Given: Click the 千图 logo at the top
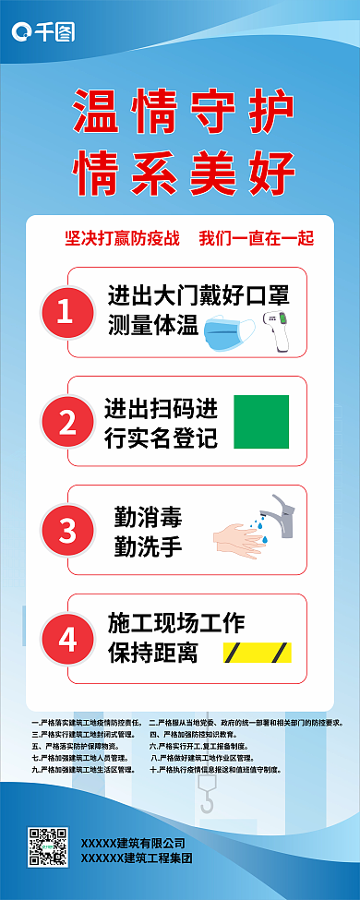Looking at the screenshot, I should point(42,33).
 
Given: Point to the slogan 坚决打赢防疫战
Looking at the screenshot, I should point(121,238).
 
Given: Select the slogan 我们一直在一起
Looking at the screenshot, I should point(257,238).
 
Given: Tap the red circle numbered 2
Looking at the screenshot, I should point(67,422).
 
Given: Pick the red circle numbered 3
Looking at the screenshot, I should point(67,531).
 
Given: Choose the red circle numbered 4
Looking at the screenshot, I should point(67,639).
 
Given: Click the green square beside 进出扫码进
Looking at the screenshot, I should point(261,422).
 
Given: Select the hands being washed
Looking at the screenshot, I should point(241,538).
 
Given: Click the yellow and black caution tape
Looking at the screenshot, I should point(257,653).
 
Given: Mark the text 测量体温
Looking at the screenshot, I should point(152,325).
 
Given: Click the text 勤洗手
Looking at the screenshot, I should point(147,546).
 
